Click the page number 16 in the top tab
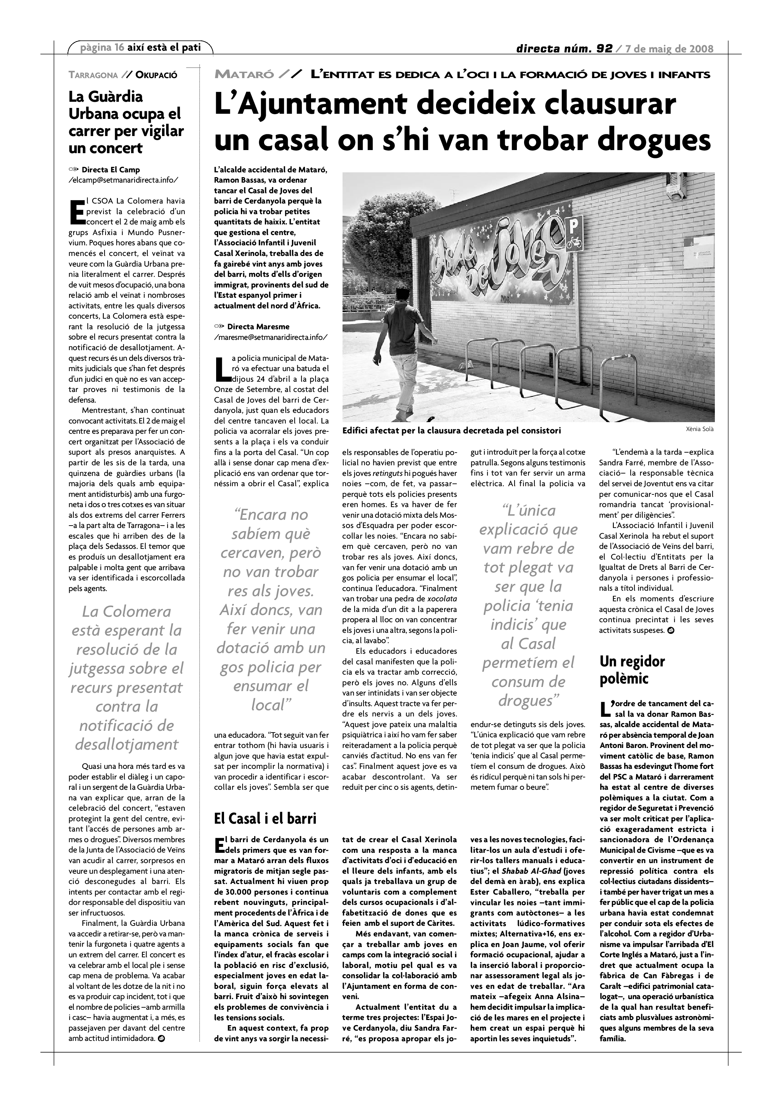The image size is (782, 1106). [x=120, y=47]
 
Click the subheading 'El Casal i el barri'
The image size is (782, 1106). [x=265, y=818]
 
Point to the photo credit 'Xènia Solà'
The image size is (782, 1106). [x=699, y=429]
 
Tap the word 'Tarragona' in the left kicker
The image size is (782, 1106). [x=93, y=75]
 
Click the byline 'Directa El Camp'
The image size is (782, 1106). [x=110, y=170]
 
